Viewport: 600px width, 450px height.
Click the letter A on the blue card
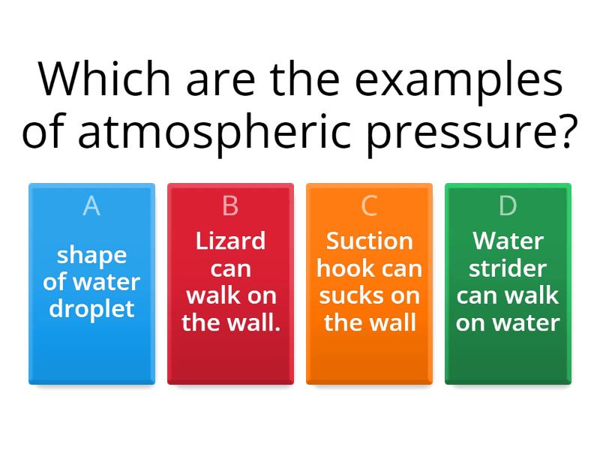91,205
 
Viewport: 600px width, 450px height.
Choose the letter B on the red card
230,205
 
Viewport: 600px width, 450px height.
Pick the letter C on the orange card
370,205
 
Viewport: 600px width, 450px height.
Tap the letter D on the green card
508,205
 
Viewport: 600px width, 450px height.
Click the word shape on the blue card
91,256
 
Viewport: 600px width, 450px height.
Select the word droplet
91,309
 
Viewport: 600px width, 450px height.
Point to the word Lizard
230,241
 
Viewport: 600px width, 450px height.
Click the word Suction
370,241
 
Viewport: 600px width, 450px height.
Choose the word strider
508,268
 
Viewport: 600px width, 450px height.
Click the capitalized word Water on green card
508,241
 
